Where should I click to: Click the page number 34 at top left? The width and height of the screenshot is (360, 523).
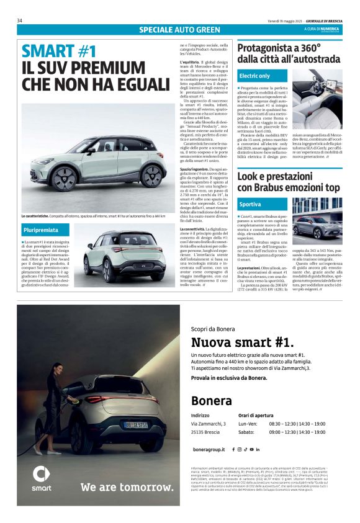(20, 20)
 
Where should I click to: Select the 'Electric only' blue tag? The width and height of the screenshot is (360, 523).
(254, 76)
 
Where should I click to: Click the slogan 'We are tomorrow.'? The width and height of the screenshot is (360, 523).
(118, 487)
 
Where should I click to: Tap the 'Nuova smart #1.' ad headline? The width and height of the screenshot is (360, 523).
(243, 342)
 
